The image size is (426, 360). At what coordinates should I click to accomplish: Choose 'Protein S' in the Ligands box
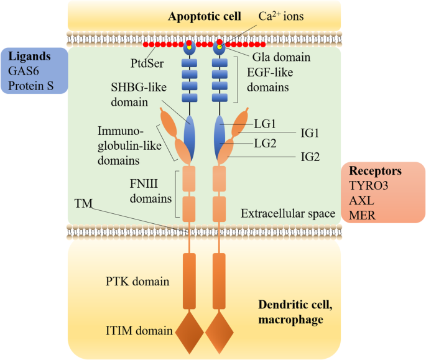point(31,85)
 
